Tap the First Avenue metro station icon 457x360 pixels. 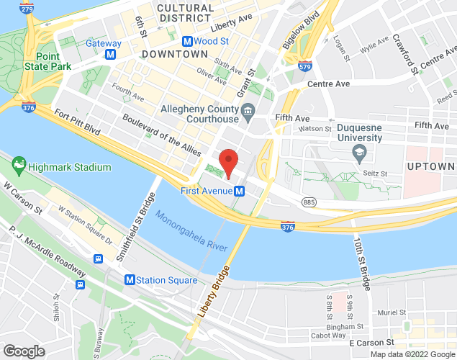(240, 191)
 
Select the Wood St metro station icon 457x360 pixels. (187, 42)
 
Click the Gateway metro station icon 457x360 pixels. (110, 54)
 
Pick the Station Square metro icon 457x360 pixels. (130, 280)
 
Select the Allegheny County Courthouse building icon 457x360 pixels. (248, 110)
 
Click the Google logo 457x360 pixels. (23, 351)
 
